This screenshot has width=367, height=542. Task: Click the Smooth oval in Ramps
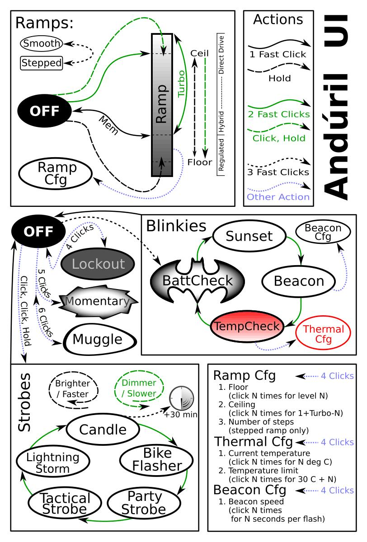click(41, 44)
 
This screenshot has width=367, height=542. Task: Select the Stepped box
click(41, 63)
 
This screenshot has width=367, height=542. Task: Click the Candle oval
click(103, 428)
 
